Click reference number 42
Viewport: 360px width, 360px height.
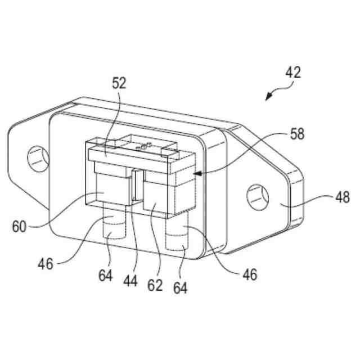point(293,73)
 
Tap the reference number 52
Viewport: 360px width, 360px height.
point(119,83)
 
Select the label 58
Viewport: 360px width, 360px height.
point(297,134)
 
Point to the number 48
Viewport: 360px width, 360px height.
point(343,197)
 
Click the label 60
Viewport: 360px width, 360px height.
point(19,227)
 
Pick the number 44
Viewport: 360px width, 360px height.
point(130,281)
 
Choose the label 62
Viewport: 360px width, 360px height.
point(155,285)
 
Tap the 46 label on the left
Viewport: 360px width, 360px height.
point(46,264)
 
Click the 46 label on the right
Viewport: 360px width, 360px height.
point(250,275)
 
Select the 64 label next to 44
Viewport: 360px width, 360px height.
point(105,276)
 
